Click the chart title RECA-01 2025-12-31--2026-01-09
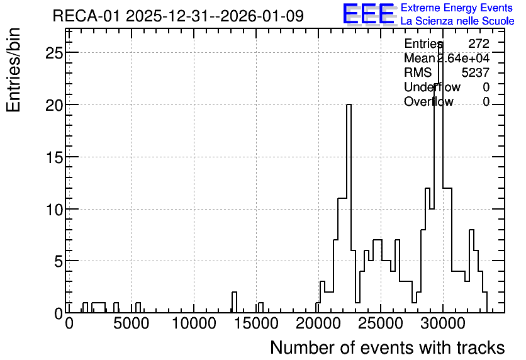(x=178, y=16)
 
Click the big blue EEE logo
(x=369, y=14)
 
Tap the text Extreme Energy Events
(x=457, y=8)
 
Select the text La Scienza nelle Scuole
(x=457, y=21)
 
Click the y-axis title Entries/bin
(x=13, y=70)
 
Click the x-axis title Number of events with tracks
(x=388, y=347)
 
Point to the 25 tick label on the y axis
(x=54, y=53)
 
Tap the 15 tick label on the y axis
(x=54, y=157)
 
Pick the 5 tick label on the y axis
(x=59, y=261)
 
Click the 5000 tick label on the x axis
(x=131, y=323)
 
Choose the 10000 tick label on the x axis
(x=194, y=323)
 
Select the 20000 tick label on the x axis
(x=318, y=323)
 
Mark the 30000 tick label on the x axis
(x=443, y=323)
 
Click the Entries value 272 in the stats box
(x=479, y=43)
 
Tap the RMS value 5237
(x=475, y=72)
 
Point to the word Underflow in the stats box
(x=432, y=87)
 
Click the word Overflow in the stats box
(x=428, y=101)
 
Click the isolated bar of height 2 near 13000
(x=234, y=302)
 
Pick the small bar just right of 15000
(x=260, y=308)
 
